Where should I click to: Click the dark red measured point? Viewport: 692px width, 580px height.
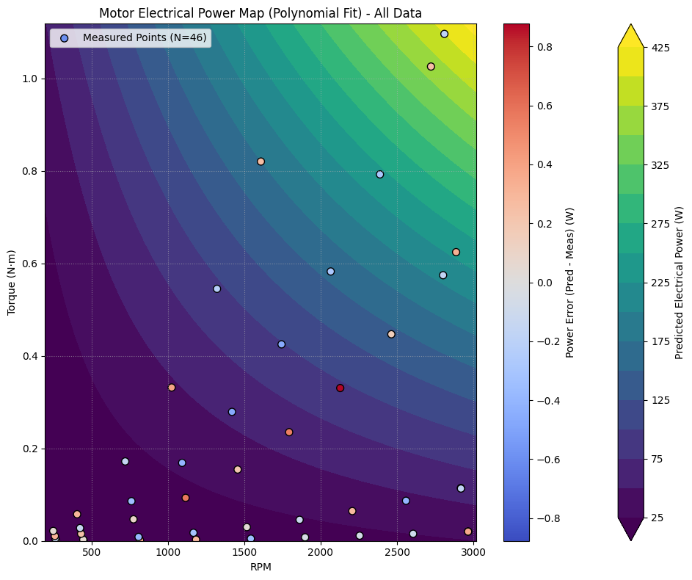[x=340, y=388]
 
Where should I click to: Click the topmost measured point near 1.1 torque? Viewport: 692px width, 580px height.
[x=444, y=34]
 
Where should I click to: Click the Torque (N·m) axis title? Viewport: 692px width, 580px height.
[x=12, y=282]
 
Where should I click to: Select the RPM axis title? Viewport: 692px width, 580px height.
[x=261, y=568]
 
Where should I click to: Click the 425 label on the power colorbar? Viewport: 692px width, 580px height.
[x=660, y=48]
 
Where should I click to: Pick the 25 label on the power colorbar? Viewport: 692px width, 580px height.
[x=657, y=518]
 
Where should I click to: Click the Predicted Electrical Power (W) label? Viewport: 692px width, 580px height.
[x=679, y=282]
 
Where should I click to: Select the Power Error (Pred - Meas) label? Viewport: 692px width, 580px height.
[x=570, y=282]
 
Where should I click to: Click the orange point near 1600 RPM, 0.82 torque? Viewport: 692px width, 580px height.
[x=261, y=162]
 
